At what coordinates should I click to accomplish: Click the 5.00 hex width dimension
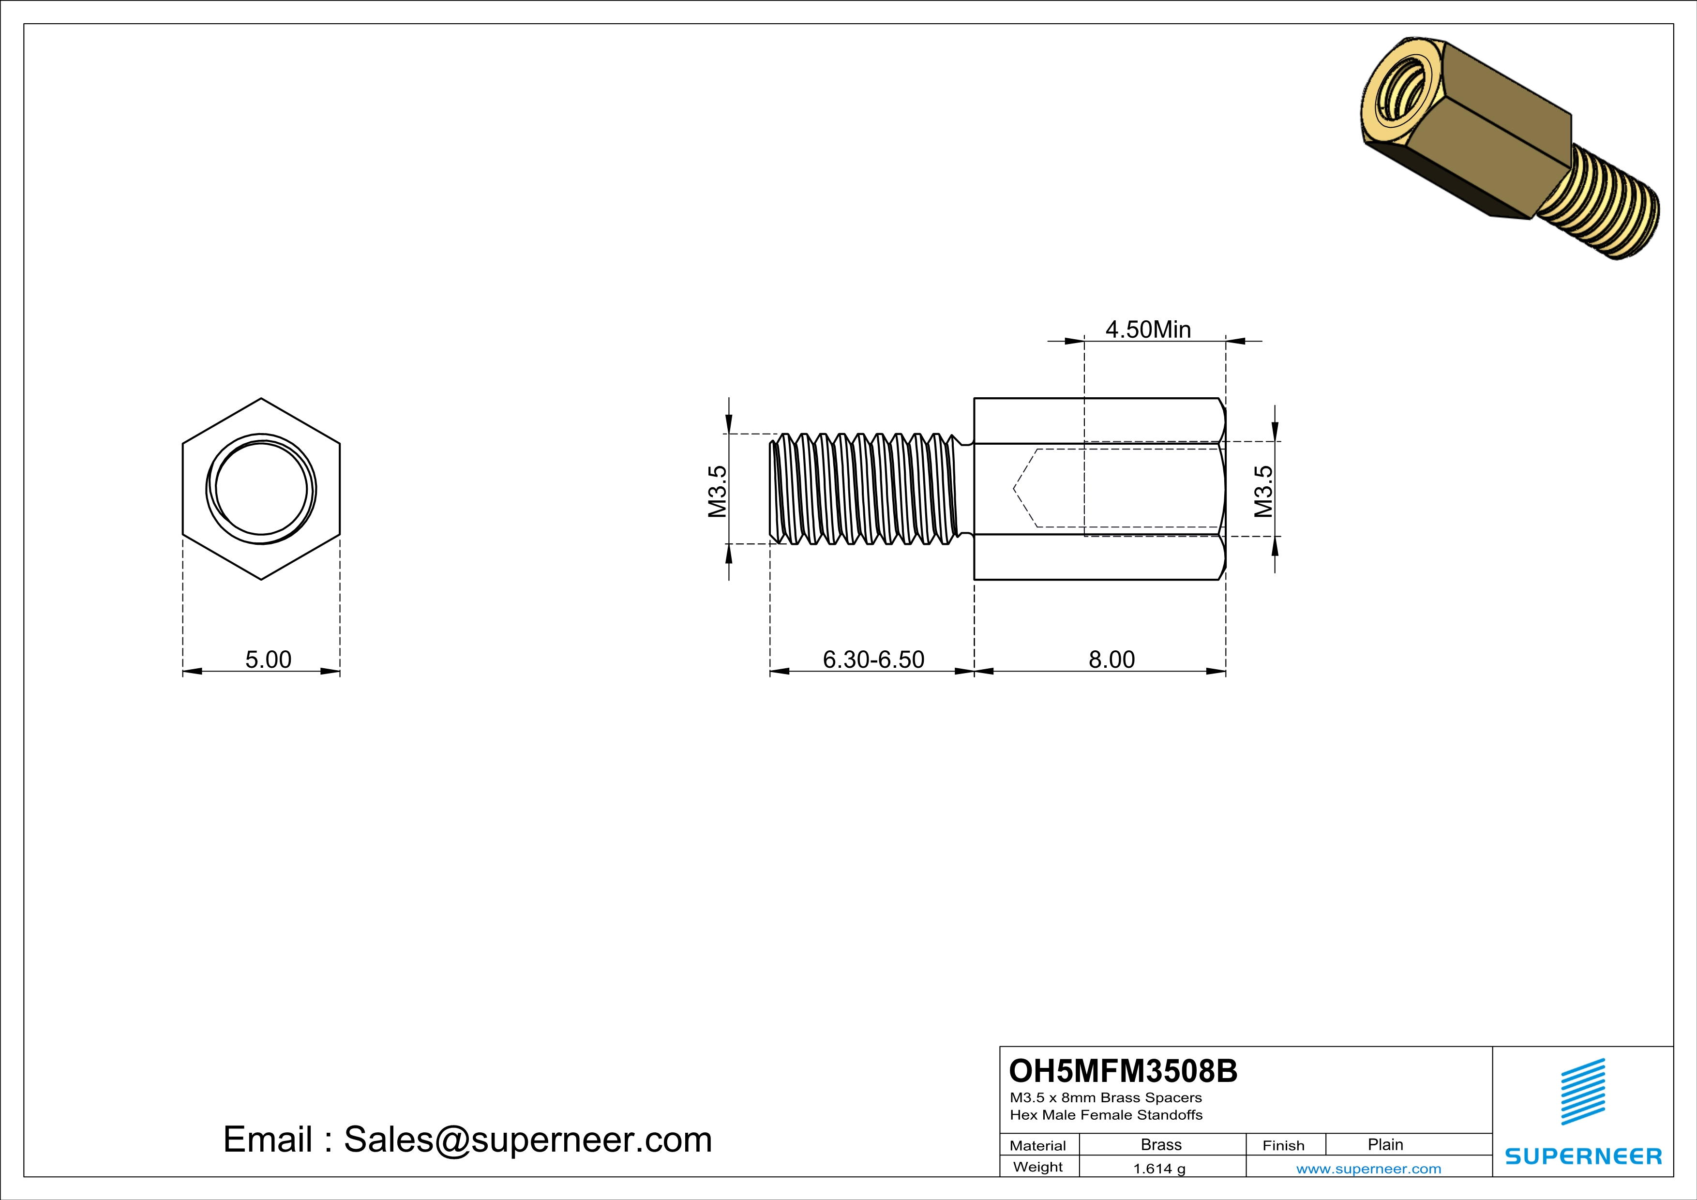[x=268, y=659]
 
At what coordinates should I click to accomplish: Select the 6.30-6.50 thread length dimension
[x=873, y=659]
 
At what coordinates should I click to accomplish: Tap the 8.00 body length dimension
[x=1111, y=659]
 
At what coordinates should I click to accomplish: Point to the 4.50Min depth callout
[x=1148, y=329]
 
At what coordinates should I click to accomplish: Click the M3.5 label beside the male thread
[x=718, y=492]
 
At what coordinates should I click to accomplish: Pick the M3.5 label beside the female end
[x=1263, y=492]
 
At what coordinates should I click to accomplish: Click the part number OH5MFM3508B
[x=1123, y=1071]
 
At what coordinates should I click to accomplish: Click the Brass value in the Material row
[x=1161, y=1144]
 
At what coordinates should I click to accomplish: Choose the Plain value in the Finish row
[x=1385, y=1144]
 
